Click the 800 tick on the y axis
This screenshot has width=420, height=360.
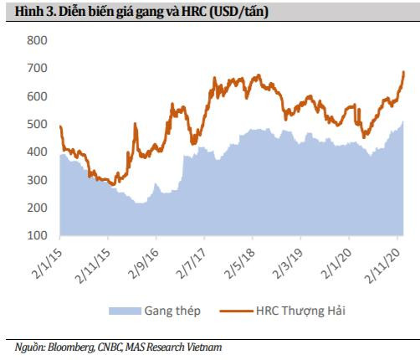38,40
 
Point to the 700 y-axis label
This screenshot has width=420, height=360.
38,68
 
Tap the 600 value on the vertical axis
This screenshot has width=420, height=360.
38,96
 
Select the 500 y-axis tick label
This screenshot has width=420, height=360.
38,124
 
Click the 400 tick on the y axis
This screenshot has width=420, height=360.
38,152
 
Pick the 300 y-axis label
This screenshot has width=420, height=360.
38,180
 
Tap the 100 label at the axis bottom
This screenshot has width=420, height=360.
38,236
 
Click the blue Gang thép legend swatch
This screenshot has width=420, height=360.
121,311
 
